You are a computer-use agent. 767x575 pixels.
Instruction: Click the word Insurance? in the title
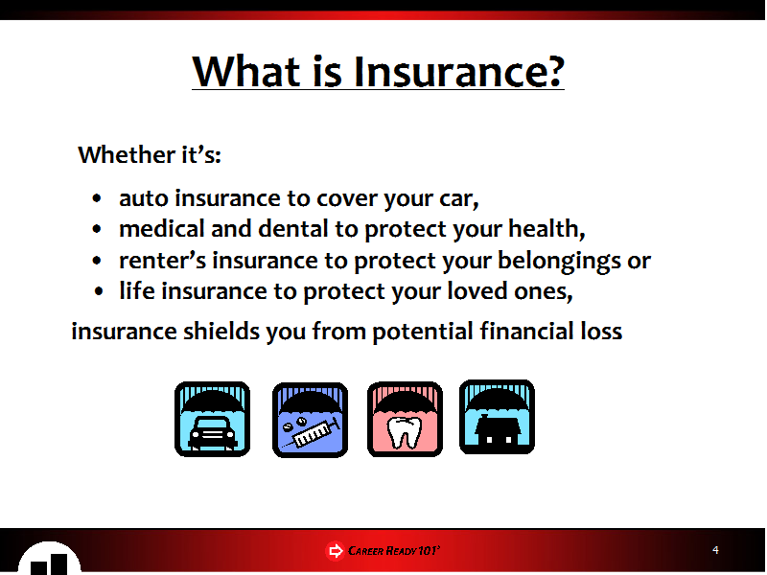(459, 72)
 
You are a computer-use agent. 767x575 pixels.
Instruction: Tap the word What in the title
(246, 72)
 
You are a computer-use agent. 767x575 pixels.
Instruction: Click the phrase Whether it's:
(150, 155)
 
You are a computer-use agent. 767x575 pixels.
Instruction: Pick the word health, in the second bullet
(546, 229)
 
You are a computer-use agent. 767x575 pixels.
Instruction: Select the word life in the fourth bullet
(137, 291)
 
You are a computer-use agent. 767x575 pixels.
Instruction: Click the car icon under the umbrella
(212, 420)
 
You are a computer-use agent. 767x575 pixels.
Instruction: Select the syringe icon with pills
(310, 420)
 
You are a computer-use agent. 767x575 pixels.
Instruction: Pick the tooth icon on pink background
(405, 420)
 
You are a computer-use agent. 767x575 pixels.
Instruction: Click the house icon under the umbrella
(497, 417)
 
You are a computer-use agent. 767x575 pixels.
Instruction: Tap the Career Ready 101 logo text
(394, 551)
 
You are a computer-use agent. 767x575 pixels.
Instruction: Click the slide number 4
(715, 550)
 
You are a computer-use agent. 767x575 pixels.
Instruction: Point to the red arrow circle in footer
(335, 551)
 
